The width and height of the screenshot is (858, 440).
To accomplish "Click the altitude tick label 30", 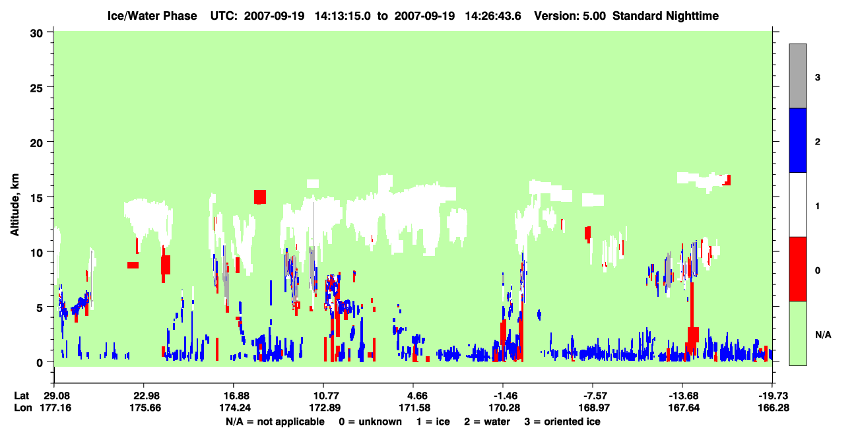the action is point(36,34).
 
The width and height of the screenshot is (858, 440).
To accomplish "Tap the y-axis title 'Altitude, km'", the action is point(15,205).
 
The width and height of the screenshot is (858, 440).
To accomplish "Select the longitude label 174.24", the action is point(234,408).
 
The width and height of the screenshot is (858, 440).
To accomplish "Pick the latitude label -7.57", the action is point(593,396).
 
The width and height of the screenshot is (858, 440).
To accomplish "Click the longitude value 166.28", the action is point(774,408).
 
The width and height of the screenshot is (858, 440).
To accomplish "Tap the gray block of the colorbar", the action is point(798,76).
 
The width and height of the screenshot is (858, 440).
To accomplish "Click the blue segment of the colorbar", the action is point(798,140).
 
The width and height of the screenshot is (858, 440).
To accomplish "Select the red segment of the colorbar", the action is point(798,269).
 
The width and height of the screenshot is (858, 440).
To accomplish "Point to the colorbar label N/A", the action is point(823,335).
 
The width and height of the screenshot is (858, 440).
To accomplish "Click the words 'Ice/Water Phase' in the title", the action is point(152,16).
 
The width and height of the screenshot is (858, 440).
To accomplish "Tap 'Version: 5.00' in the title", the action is point(570,16).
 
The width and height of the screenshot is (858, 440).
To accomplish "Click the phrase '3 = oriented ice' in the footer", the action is point(562,422).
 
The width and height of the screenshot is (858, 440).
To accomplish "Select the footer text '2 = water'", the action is point(487,422).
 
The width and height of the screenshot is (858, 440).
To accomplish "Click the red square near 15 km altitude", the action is point(260,197).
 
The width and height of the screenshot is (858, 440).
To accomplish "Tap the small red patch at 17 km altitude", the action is point(727,180).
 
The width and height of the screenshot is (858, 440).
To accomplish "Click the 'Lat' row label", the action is point(22,396).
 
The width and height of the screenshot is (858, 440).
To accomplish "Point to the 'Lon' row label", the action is point(23,408).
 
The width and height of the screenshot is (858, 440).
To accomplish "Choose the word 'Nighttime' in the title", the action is point(692,16).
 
